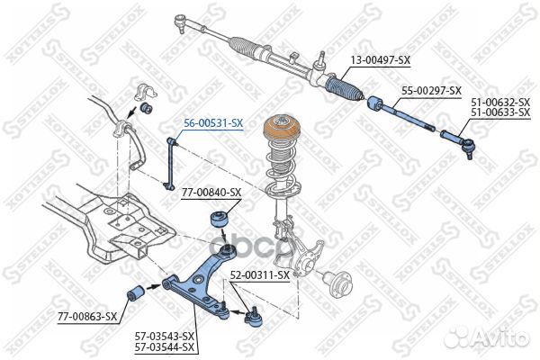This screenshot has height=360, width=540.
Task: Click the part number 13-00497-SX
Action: coord(380,61)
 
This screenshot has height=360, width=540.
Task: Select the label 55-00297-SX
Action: coord(431,91)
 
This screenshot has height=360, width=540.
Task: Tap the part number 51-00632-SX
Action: coord(500,103)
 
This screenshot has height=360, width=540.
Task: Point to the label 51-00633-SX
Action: coord(500,114)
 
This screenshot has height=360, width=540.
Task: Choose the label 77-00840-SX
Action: coord(211,193)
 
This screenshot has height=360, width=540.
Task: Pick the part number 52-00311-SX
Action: coord(259,274)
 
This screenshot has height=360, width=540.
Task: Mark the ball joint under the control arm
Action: coord(254,316)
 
